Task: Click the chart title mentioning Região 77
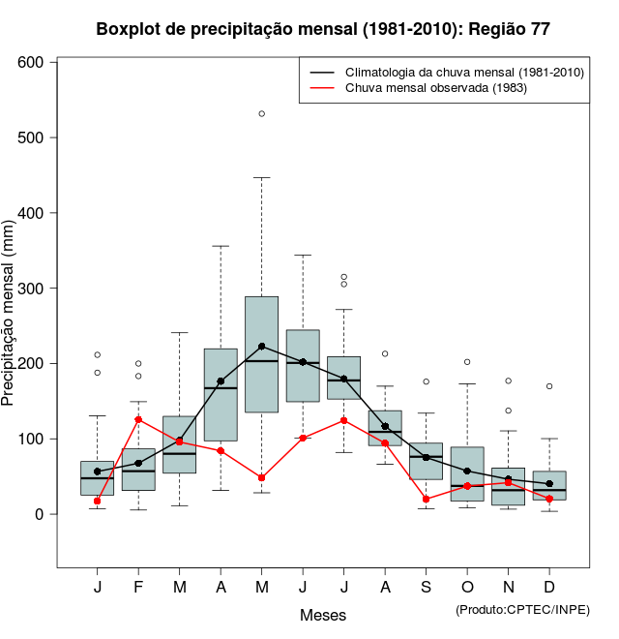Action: pos(323,29)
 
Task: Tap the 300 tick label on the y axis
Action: pos(33,288)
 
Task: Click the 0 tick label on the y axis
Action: pos(41,514)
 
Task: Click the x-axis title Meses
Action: pos(323,615)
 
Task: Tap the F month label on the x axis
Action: pos(138,588)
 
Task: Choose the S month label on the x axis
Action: pos(427,588)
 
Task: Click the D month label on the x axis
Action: pos(549,588)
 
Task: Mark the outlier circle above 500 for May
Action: pos(262,114)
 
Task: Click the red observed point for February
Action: pos(138,419)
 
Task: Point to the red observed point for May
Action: pos(262,477)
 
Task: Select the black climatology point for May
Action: pos(262,346)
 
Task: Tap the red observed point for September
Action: pos(427,499)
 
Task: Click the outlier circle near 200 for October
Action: pos(467,362)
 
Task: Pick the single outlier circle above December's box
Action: pos(549,386)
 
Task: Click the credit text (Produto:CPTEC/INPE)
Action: pos(522,609)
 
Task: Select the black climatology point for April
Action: pos(221,381)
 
